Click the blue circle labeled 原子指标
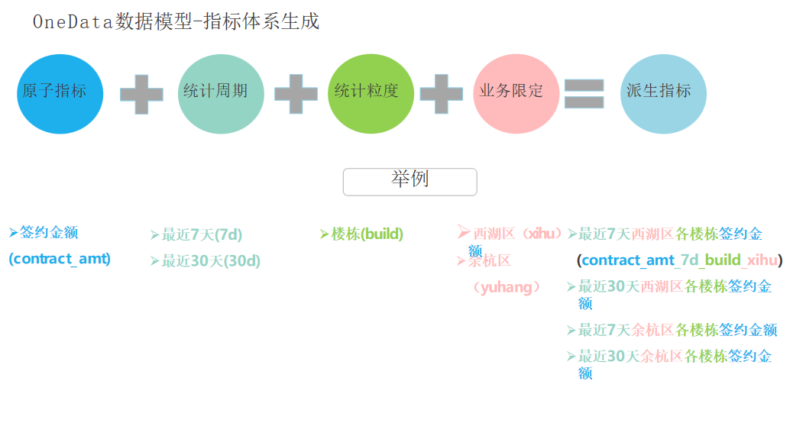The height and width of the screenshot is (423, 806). [x=60, y=94]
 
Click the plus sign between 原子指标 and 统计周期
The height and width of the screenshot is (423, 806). [x=141, y=94]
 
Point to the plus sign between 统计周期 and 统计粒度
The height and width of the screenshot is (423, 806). [x=296, y=94]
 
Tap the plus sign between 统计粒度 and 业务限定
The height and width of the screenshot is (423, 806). [x=442, y=94]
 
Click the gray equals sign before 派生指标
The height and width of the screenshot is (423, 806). [x=584, y=94]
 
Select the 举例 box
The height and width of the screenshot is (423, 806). [x=409, y=182]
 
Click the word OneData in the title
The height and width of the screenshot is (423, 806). [x=73, y=22]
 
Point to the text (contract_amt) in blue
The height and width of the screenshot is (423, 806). [x=60, y=259]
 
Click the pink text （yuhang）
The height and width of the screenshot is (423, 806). [x=507, y=287]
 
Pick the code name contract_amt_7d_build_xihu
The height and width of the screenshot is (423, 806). [x=679, y=260]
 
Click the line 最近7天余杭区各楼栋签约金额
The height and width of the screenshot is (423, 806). [x=678, y=330]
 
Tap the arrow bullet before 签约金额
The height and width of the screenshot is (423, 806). [x=13, y=231]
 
